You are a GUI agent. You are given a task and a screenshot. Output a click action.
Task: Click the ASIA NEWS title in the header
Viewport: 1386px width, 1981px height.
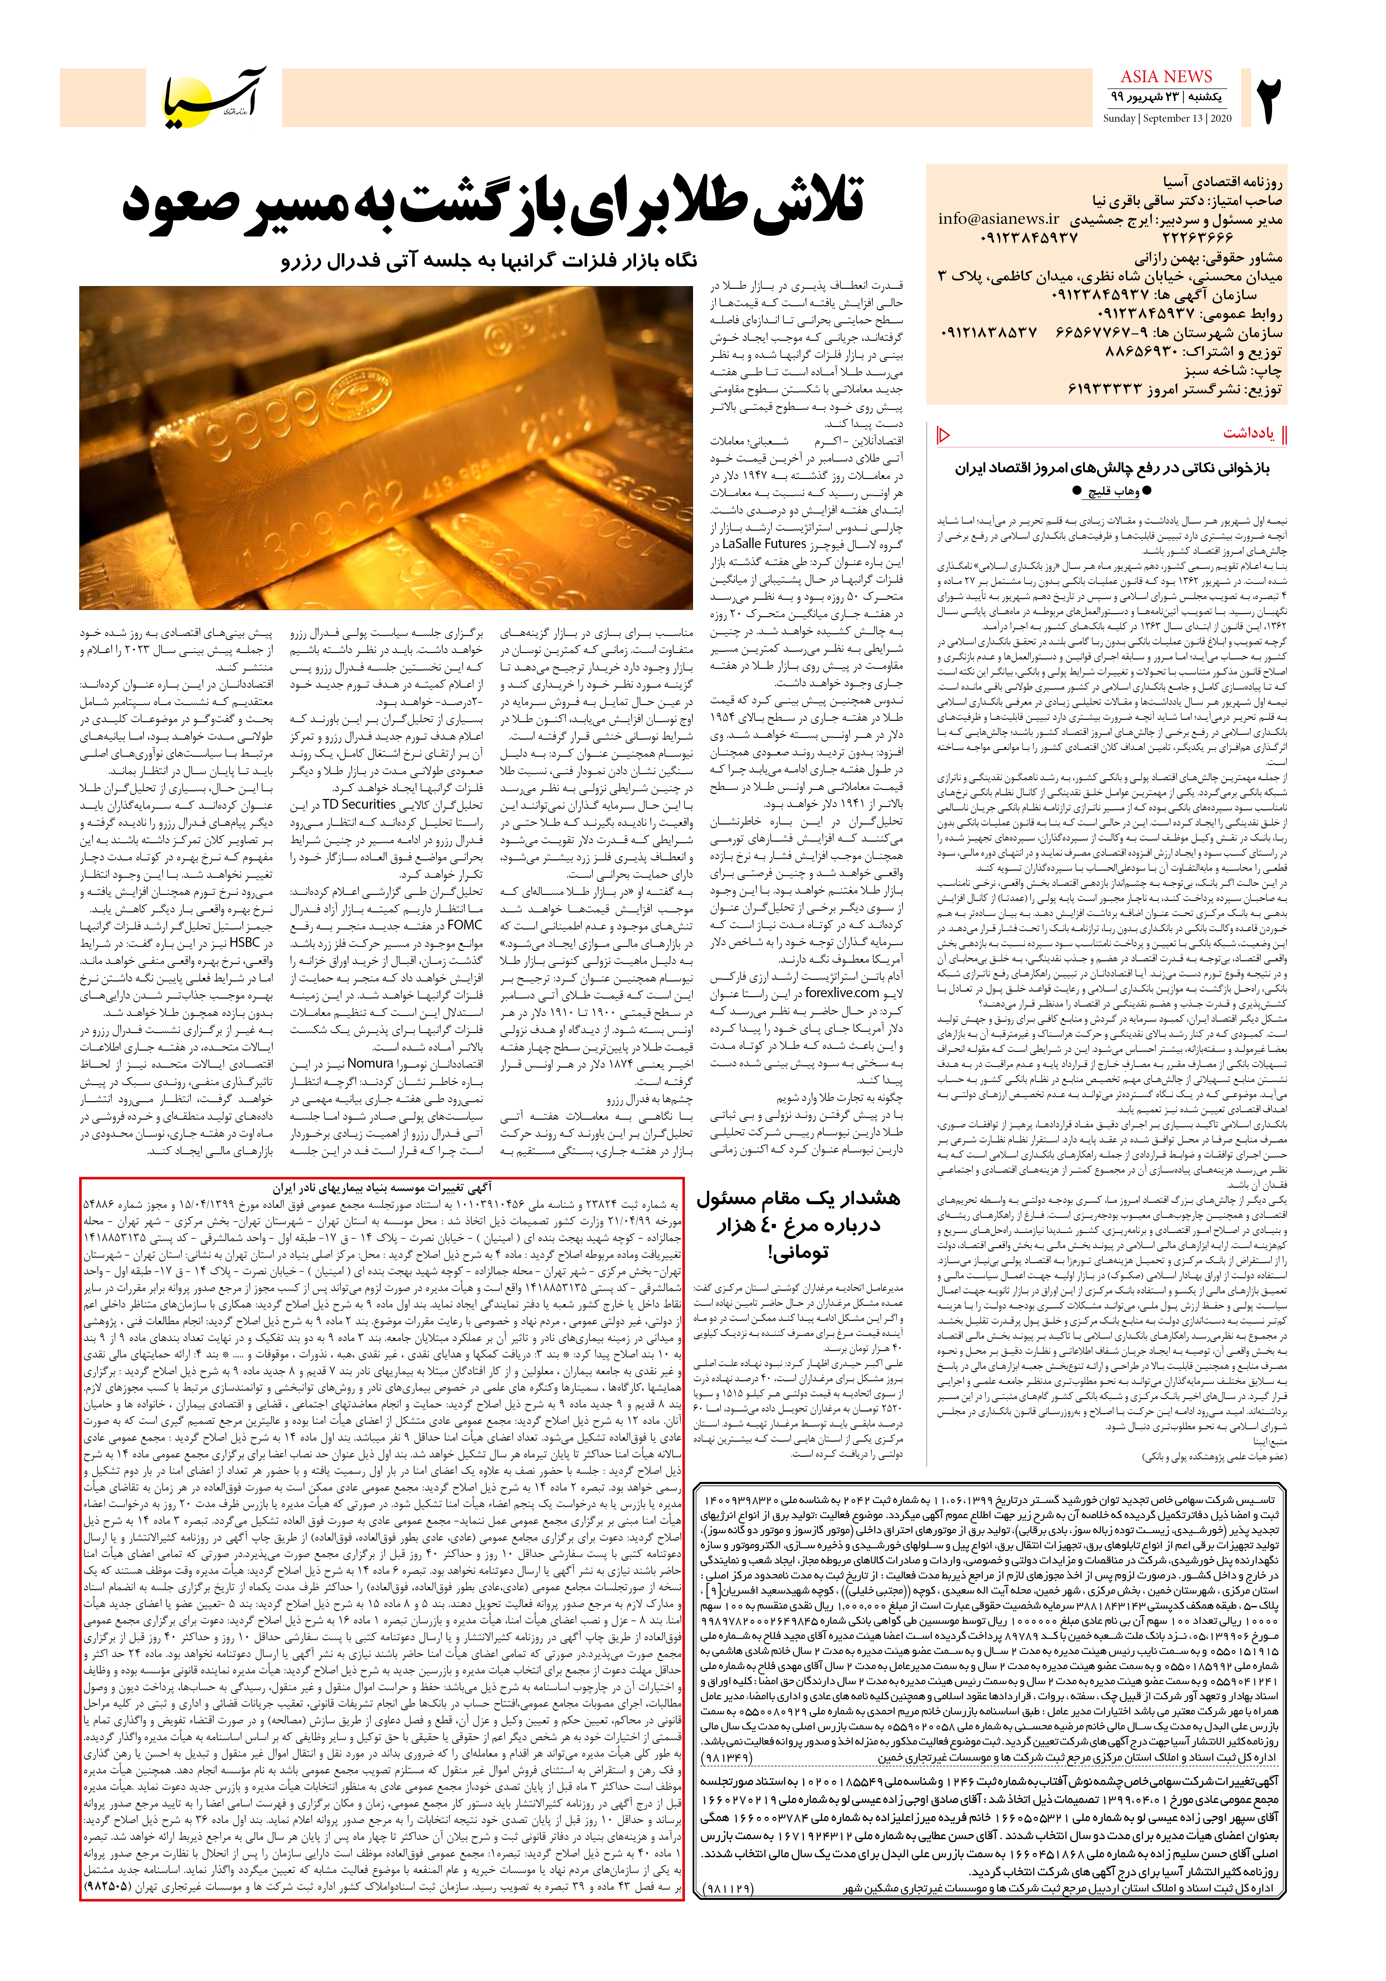tap(1166, 77)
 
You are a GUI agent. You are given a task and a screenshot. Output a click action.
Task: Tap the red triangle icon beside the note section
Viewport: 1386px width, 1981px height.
tap(943, 434)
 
